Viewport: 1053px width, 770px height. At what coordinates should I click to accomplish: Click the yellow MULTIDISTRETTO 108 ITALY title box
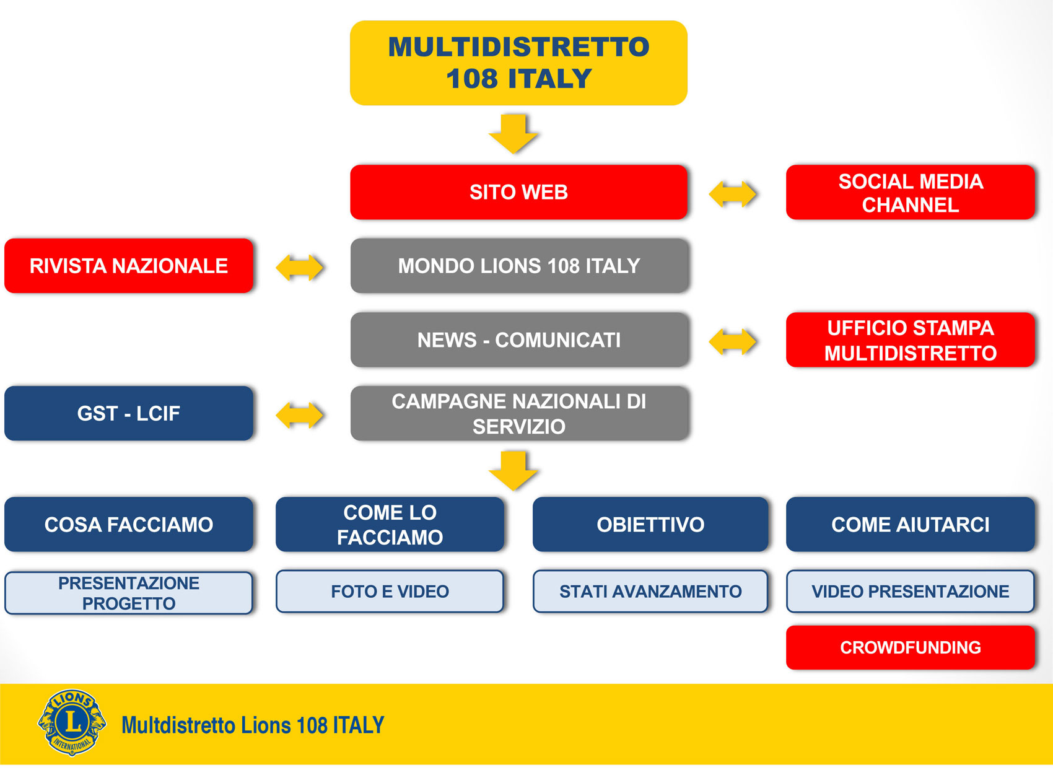click(518, 63)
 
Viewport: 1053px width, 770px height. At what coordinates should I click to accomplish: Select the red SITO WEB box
click(518, 192)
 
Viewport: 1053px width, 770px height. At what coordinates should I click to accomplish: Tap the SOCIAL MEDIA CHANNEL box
click(911, 192)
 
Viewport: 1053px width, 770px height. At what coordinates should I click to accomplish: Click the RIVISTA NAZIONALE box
click(129, 266)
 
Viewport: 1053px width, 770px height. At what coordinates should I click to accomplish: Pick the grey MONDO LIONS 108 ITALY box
click(520, 266)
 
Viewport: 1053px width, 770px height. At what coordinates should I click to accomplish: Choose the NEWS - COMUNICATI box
click(520, 339)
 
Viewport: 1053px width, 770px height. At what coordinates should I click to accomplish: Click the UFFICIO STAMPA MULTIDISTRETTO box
click(911, 339)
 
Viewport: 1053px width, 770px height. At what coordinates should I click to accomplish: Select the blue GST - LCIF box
click(129, 413)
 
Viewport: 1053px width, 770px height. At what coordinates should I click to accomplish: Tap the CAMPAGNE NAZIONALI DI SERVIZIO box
click(520, 413)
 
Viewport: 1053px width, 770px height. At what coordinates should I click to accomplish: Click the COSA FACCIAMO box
click(129, 524)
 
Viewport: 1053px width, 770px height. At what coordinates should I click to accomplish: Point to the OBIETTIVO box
click(650, 524)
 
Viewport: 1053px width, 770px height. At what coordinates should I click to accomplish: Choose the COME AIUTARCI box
click(911, 524)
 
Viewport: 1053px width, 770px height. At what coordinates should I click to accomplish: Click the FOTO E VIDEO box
click(390, 592)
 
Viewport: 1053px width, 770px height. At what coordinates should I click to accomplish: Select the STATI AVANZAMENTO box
click(650, 592)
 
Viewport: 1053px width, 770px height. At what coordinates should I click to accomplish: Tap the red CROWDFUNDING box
click(911, 647)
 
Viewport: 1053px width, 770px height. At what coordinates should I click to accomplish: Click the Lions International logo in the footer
click(72, 722)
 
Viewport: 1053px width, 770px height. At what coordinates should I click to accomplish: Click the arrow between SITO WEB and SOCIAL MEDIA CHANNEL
click(732, 194)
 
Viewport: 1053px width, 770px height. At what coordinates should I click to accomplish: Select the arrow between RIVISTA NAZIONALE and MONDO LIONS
click(299, 268)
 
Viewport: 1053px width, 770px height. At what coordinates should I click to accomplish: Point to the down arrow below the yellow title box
click(513, 134)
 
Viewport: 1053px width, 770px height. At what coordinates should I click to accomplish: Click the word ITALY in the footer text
click(359, 725)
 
